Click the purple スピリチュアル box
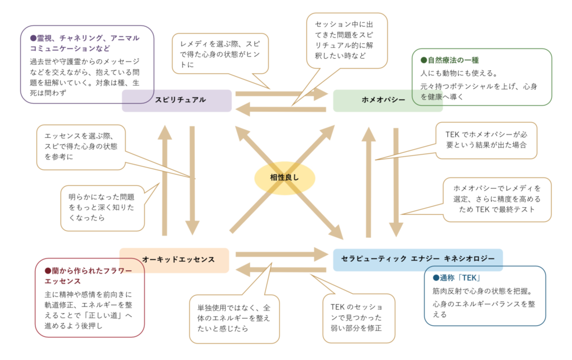177,100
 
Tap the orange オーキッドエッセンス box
174,260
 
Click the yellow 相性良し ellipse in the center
285,178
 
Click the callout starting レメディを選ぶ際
219,54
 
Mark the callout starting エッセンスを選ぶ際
81,146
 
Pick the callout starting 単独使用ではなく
233,318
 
